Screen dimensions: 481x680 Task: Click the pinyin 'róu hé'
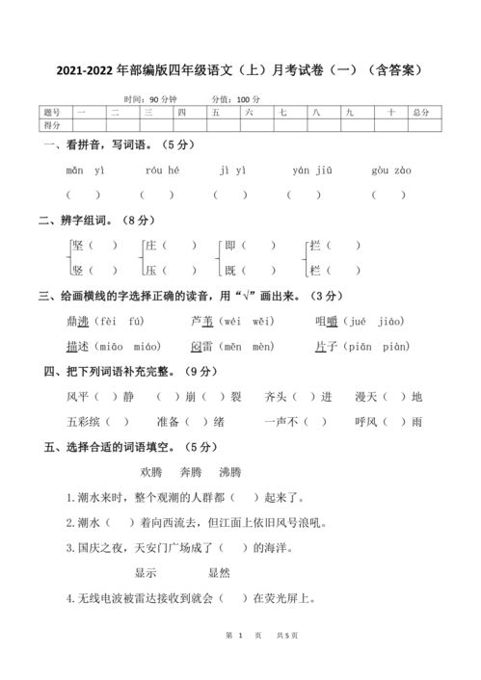tap(162, 170)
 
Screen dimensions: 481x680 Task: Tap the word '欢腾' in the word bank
tap(151, 473)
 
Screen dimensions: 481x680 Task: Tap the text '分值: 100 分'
tap(235, 99)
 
